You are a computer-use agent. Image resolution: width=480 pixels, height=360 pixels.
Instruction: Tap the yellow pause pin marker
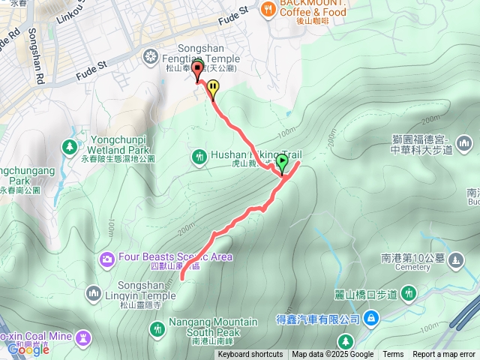point(214,89)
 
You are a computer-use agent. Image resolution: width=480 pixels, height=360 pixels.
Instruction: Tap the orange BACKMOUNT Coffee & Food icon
point(268,10)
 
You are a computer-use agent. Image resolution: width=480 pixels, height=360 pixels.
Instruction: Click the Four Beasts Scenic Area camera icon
point(107,259)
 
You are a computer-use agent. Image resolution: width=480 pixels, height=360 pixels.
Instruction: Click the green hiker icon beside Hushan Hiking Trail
point(199,157)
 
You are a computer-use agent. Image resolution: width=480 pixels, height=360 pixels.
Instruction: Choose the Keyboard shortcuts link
point(250,355)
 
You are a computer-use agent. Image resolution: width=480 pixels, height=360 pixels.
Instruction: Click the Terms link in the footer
point(393,355)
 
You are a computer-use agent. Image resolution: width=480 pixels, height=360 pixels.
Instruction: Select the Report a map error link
point(444,355)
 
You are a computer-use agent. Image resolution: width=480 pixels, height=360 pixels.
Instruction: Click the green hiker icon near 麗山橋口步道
point(408,292)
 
